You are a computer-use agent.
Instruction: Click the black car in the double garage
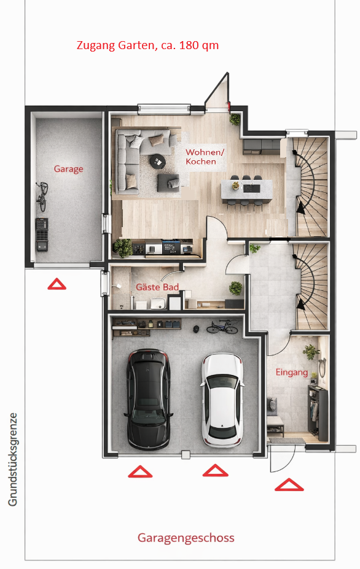149,399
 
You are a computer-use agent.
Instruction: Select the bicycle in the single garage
42,196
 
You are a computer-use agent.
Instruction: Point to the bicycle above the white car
222,327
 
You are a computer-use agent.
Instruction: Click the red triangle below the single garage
57,284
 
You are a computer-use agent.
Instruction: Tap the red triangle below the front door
289,485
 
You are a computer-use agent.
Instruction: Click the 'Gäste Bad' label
157,287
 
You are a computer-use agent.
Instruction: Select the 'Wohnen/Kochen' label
205,157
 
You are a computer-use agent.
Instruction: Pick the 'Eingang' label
292,373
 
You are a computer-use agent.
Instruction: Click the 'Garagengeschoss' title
186,538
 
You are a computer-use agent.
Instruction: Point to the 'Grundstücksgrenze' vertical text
13,459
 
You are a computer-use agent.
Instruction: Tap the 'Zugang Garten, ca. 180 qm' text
147,45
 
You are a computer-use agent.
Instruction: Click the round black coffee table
158,161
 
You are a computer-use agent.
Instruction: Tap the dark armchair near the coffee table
168,183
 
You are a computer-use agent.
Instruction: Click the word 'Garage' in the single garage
68,169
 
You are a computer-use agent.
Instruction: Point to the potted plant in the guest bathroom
235,288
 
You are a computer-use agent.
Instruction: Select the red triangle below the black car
140,471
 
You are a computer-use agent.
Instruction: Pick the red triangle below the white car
216,470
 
